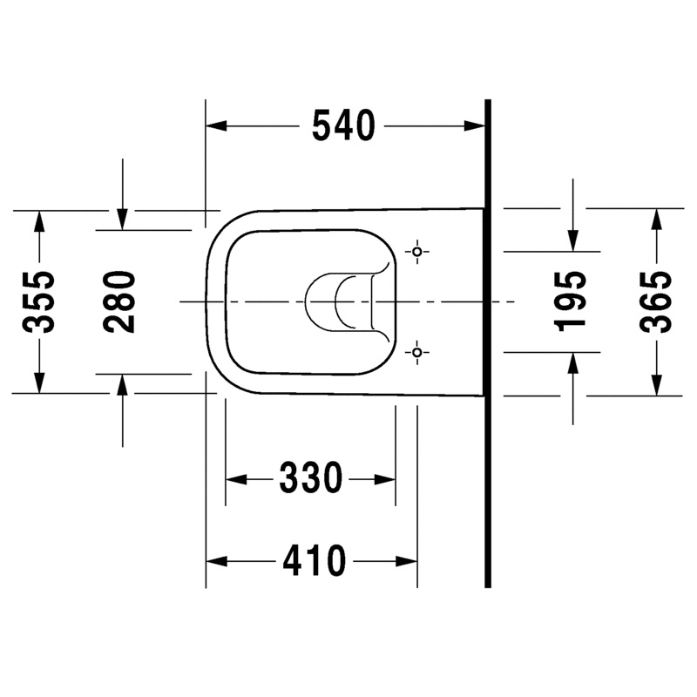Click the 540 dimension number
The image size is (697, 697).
(x=343, y=125)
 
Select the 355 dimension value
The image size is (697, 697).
(x=39, y=301)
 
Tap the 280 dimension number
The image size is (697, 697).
(x=119, y=302)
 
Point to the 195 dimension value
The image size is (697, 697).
(x=571, y=301)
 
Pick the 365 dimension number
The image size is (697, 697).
(x=656, y=301)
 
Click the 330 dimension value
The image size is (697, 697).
(x=311, y=478)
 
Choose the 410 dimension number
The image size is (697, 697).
(x=315, y=561)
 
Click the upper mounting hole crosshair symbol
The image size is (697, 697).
(x=417, y=252)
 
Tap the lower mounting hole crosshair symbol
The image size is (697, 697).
(x=417, y=353)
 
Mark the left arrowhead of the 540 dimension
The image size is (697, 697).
(x=216, y=125)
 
